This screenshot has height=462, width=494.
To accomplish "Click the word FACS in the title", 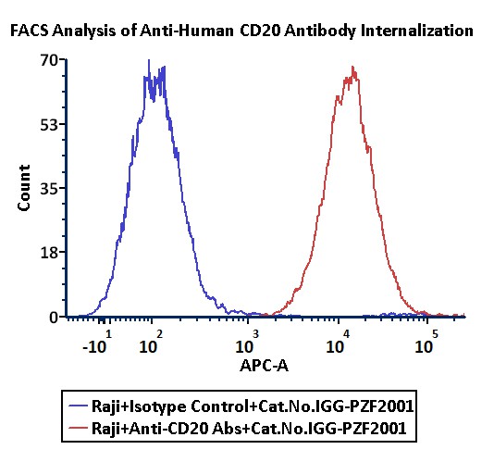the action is (30, 31).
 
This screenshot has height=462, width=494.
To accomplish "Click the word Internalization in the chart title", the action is (417, 31).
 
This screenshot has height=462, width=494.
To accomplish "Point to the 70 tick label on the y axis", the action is (49, 60).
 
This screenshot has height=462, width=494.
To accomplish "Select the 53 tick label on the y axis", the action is (49, 125).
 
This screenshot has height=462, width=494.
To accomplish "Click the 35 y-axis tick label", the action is (49, 189).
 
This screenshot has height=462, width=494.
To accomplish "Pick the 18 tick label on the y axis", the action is (49, 253).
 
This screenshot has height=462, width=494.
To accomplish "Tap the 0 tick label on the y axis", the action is (54, 318).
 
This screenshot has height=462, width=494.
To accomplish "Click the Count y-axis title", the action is (24, 188).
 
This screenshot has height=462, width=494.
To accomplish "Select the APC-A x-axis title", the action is (264, 366).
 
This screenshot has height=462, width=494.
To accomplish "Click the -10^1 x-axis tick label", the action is (97, 343).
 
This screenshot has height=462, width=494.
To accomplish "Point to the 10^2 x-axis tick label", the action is (151, 343).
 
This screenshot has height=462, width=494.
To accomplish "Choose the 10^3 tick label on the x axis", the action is (247, 343).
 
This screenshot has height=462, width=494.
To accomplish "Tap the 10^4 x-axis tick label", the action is (338, 343).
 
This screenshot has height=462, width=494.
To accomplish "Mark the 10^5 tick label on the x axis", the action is (426, 343).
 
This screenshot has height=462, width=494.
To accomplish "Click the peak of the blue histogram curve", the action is (149, 60).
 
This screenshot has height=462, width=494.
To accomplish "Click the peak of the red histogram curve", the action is (352, 67).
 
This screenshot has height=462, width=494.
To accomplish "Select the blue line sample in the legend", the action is (78, 405).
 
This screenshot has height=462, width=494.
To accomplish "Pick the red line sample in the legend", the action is (78, 428).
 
